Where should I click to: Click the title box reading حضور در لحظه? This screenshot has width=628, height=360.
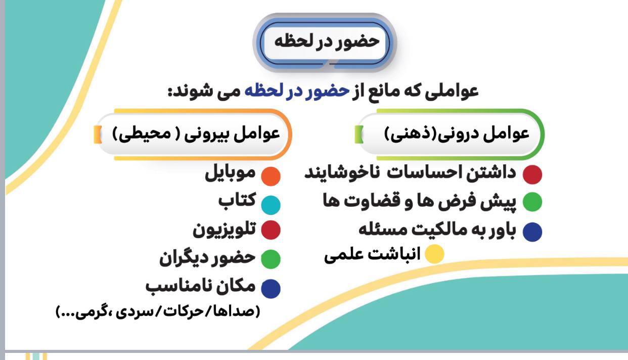point(325,42)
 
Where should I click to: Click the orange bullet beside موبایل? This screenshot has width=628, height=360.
point(271,176)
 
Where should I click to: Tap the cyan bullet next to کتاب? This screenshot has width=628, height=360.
point(271,205)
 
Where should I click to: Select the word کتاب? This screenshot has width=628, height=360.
point(237,200)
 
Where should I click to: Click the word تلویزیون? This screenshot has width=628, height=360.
point(225,230)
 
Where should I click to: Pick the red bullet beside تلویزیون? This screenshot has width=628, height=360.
point(271,230)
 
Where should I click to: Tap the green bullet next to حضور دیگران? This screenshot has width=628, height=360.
point(271,259)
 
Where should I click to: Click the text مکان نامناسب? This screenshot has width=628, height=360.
point(201,287)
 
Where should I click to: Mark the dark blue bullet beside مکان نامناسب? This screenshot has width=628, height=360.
point(271,289)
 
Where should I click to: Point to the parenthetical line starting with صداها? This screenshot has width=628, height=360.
point(158,311)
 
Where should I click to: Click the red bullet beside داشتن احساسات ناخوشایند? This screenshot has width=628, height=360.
point(532,174)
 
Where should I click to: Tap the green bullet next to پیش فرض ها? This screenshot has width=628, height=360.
point(532,202)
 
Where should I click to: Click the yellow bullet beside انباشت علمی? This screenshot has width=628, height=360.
point(434,254)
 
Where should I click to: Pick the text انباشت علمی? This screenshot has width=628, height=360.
point(372,255)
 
